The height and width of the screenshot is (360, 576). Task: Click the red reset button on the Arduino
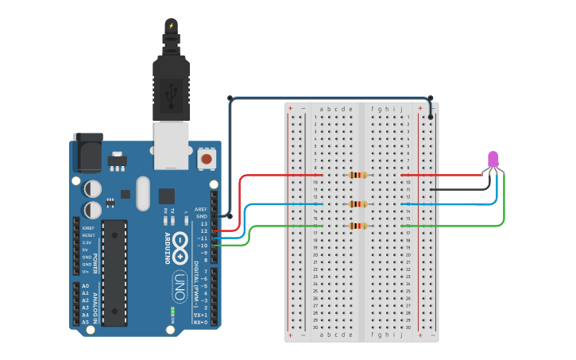(207, 159)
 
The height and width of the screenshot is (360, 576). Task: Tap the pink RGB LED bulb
(493, 159)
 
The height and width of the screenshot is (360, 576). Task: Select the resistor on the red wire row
(358, 175)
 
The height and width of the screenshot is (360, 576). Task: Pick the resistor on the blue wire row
(358, 204)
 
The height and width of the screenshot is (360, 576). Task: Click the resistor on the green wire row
(358, 226)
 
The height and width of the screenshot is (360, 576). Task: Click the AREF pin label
(201, 209)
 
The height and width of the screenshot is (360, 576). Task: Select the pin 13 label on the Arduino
(203, 223)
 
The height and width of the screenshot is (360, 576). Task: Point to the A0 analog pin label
(85, 286)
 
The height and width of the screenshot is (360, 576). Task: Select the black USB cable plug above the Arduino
(171, 87)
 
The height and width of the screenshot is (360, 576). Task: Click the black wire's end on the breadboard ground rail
(431, 117)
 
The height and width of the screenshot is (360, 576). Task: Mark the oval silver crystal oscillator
(143, 193)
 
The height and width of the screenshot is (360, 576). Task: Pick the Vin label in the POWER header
(86, 272)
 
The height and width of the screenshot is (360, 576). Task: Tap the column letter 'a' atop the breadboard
(321, 109)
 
